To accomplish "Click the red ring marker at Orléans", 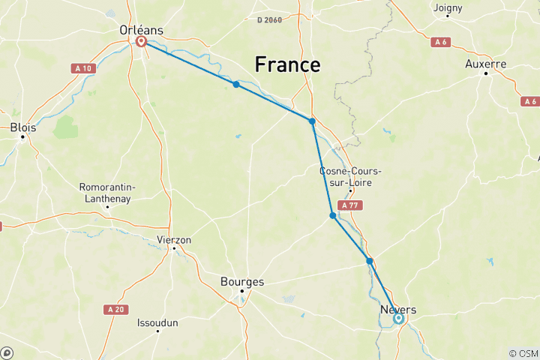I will (x=140, y=42).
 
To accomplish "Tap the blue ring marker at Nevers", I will (x=398, y=318).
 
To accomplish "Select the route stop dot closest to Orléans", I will (x=235, y=85).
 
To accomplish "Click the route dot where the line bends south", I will (x=312, y=121).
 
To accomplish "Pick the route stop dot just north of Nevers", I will (x=369, y=261).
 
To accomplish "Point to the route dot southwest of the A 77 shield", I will (x=332, y=216).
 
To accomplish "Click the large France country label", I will (x=287, y=64).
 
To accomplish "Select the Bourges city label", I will (x=242, y=281).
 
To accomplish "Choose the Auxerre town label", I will (x=485, y=64).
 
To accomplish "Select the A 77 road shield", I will (x=349, y=205).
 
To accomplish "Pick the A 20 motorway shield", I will (x=115, y=309).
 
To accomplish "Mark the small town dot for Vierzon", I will (x=174, y=247).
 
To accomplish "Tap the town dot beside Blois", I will (x=22, y=136).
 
